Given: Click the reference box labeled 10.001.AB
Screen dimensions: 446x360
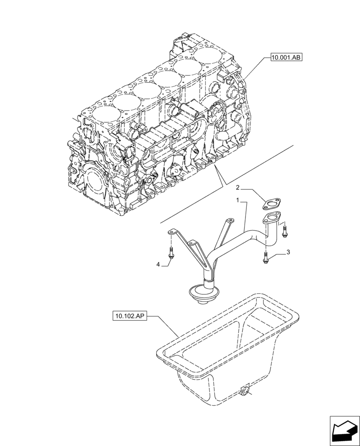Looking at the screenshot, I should click(286, 58).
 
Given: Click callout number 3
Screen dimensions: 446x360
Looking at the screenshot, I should click(288, 252).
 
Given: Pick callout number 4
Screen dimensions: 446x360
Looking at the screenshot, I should click(158, 264).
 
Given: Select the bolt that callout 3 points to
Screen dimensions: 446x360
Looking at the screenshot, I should click(266, 257).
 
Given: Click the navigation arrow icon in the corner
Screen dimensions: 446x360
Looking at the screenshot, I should click(344, 430).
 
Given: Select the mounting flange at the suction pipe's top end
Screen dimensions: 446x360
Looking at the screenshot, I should click(271, 218).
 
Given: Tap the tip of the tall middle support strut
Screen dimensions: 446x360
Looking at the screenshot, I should click(229, 220).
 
